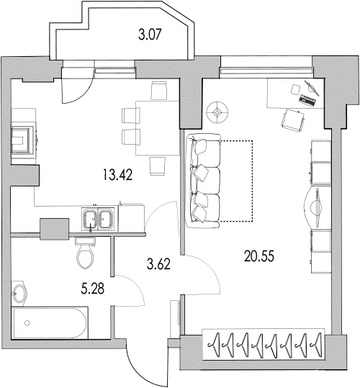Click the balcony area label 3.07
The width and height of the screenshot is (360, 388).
click(x=150, y=34)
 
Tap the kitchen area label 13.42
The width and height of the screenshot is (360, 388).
click(x=118, y=174)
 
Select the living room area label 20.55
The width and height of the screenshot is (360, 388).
click(x=259, y=256)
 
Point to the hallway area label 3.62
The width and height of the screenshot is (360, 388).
click(x=158, y=263)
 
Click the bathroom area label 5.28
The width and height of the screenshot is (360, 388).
click(x=93, y=289)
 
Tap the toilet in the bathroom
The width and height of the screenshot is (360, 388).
click(x=85, y=253)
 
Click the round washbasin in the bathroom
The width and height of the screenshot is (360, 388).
click(x=19, y=293)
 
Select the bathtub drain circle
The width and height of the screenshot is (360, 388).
click(x=27, y=323)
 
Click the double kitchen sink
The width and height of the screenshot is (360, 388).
click(x=98, y=219)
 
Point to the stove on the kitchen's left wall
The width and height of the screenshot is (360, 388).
click(x=24, y=140)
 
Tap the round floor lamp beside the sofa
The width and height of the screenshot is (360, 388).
click(x=217, y=112)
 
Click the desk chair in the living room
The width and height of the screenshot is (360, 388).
click(x=292, y=120)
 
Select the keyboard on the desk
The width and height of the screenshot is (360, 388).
click(x=307, y=100)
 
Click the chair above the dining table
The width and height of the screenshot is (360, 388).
click(x=158, y=91)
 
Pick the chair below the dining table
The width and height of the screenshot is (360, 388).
click(x=158, y=166)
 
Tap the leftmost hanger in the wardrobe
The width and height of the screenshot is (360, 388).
click(x=214, y=345)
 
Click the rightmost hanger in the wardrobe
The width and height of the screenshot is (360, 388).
click(x=316, y=345)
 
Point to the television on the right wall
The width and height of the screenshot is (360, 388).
click(x=314, y=207)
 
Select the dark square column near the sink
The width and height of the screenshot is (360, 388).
click(x=55, y=229)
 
